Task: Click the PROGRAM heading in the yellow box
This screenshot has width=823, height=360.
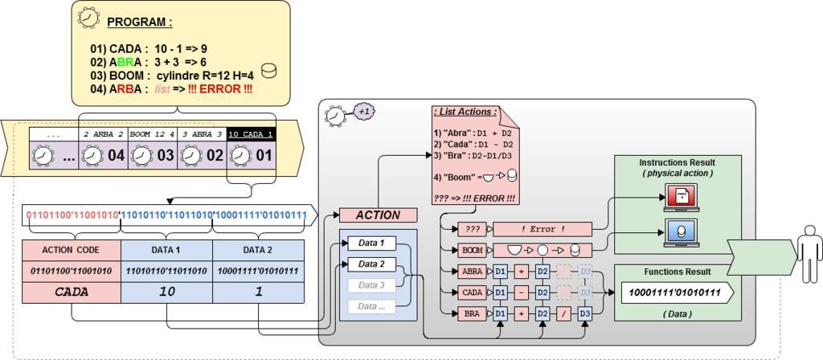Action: click(139, 22)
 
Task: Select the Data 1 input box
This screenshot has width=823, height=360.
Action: click(371, 243)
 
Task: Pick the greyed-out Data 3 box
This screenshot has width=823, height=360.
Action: click(371, 285)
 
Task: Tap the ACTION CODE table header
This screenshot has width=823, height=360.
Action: click(72, 249)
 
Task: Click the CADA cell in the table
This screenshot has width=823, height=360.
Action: click(72, 292)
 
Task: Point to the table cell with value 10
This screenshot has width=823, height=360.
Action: click(166, 292)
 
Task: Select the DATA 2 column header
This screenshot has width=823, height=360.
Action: click(259, 249)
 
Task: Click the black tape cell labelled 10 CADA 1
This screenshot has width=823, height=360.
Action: click(250, 133)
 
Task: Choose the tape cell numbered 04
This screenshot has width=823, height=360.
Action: click(104, 154)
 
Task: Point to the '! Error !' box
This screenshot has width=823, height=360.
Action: click(542, 229)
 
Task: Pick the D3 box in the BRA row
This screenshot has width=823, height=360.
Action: click(584, 313)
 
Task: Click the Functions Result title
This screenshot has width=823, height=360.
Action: click(674, 272)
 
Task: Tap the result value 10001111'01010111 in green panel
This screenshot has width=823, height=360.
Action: click(674, 293)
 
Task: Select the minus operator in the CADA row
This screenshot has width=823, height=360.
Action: click(521, 292)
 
